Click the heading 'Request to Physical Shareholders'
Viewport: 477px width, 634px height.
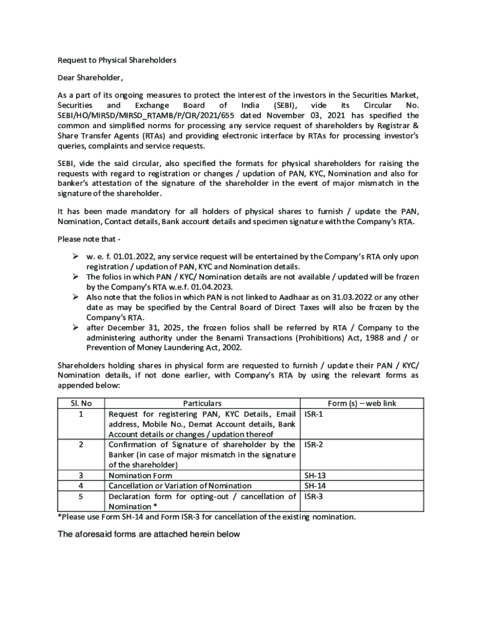pyautogui.click(x=117, y=60)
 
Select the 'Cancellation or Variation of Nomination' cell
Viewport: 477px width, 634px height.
pyautogui.click(x=180, y=485)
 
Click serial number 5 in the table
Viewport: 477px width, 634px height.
pyautogui.click(x=81, y=496)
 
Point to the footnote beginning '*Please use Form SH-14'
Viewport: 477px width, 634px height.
pyautogui.click(x=206, y=516)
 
